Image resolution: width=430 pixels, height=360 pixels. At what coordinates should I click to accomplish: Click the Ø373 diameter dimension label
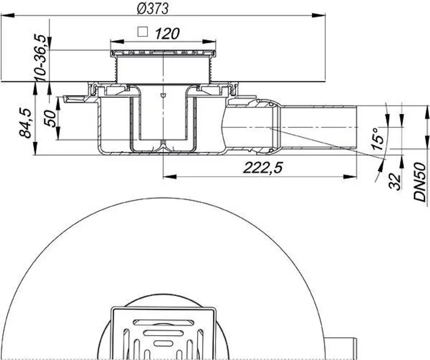coord(153,9)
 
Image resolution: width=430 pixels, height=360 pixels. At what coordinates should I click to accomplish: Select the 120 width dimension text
coord(167,34)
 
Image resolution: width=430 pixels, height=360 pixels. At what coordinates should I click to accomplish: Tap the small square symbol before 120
coord(143,32)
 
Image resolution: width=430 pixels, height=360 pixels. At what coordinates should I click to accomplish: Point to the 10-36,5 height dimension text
coord(40,58)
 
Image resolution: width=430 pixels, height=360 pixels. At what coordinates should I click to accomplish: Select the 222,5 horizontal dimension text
coord(262,168)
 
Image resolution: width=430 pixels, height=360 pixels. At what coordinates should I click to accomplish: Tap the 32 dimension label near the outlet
coord(395,181)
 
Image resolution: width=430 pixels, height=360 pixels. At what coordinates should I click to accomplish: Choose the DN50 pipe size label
coord(420,182)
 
